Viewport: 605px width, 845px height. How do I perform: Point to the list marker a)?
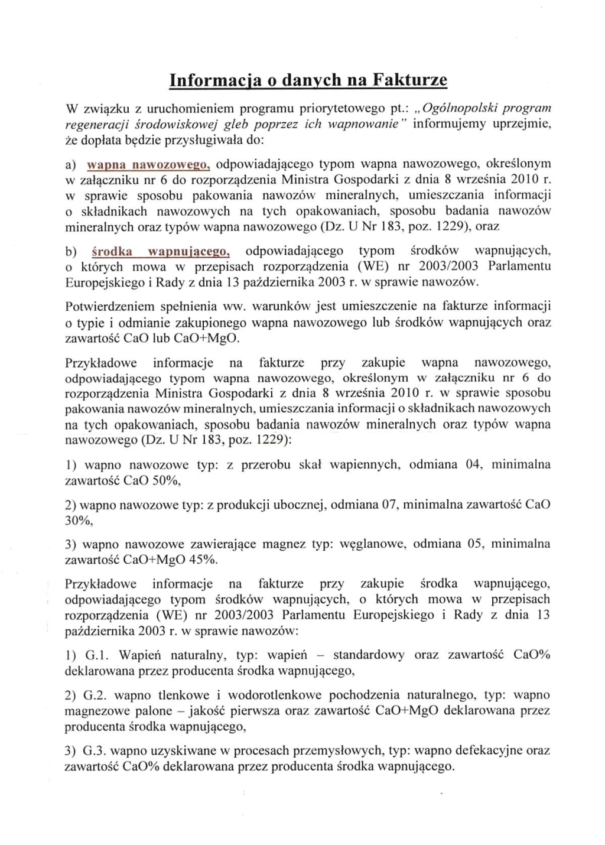click(71, 164)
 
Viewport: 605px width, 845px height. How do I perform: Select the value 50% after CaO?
click(167, 480)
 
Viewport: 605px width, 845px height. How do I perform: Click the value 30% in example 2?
click(79, 521)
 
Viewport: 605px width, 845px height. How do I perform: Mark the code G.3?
click(95, 751)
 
